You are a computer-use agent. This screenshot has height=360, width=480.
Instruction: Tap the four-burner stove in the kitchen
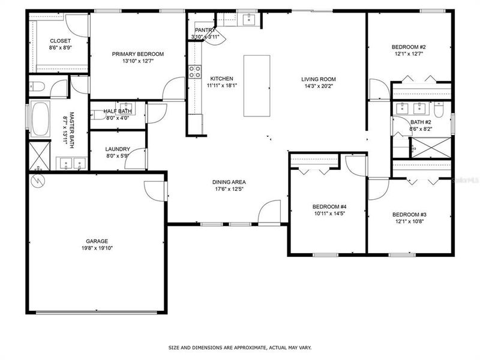pos(195,72)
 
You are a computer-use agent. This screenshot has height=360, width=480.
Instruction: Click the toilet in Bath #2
pos(439,110)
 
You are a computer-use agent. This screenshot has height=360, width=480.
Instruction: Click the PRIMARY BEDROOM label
pos(137,54)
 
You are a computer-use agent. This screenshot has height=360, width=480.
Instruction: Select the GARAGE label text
pos(96,241)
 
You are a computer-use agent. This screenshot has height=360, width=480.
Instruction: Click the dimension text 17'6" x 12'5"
pos(229,189)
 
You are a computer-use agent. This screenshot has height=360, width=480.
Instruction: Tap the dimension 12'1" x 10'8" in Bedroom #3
pos(409,221)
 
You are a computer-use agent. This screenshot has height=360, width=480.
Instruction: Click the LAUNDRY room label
pos(117,149)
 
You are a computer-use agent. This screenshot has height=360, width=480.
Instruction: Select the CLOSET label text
pos(60,41)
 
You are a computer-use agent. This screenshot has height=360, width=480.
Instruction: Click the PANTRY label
pos(205,30)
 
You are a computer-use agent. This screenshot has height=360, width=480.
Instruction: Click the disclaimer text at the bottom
pos(240,347)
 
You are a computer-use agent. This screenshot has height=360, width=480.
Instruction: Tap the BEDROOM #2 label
pos(409,47)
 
